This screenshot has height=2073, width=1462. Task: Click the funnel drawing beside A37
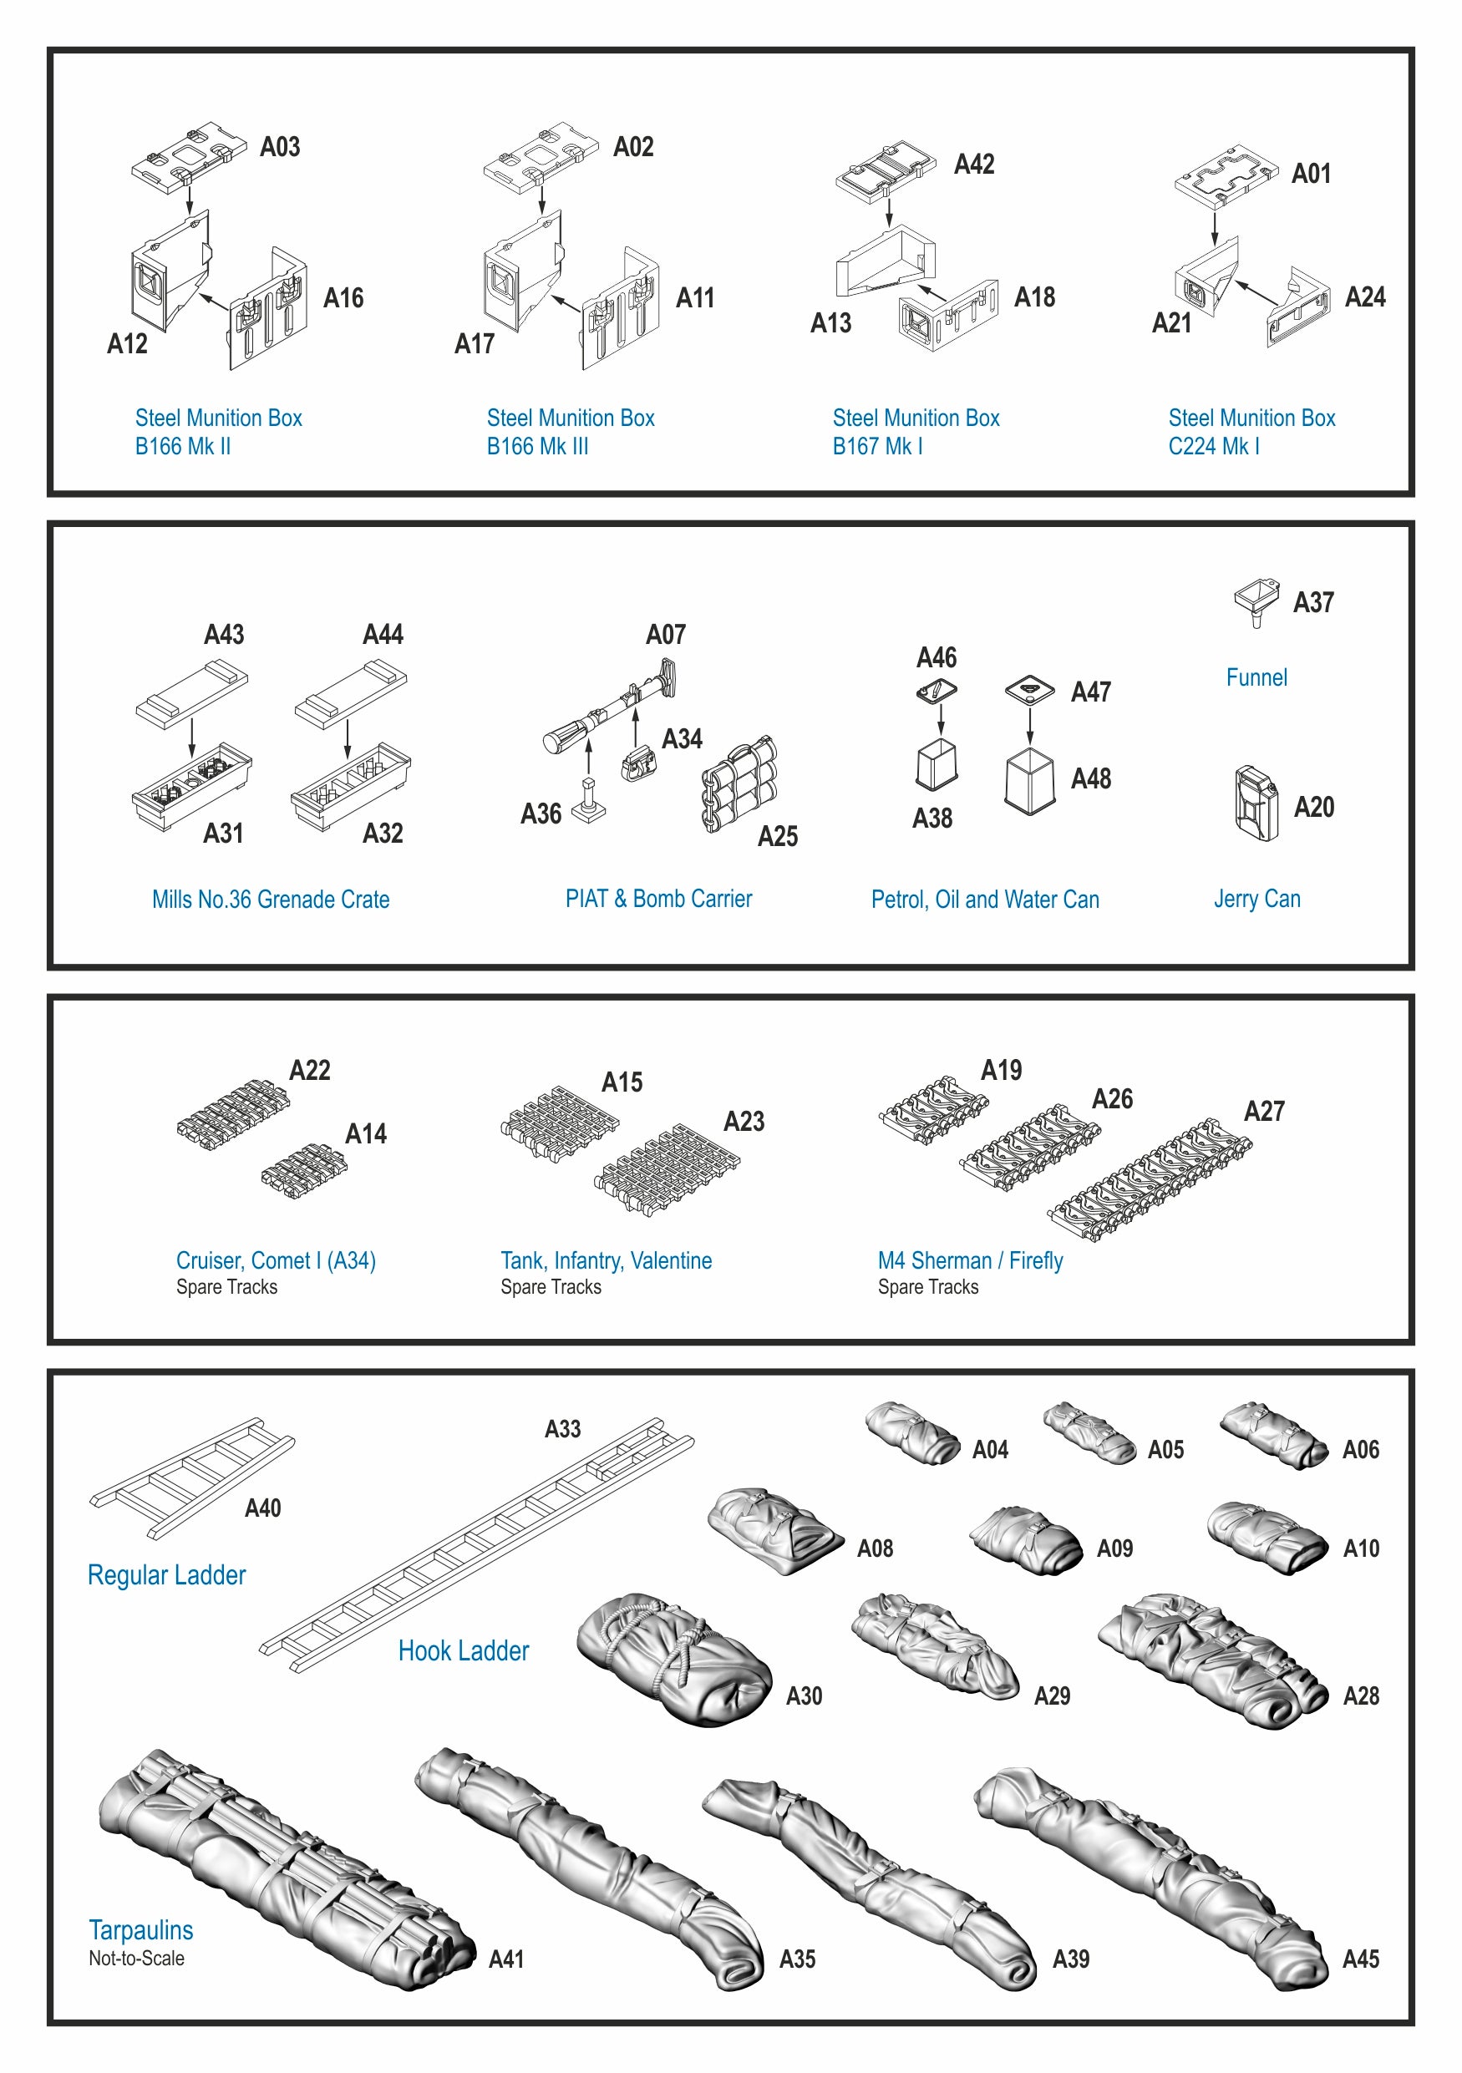[x=1256, y=601]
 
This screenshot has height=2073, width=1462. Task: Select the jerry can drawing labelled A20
[x=1256, y=803]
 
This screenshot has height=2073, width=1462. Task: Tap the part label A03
[x=280, y=147]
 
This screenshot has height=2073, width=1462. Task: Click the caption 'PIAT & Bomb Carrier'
[x=658, y=899]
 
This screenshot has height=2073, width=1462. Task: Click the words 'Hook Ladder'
[x=464, y=1650]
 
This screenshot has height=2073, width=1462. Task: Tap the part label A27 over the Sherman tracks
[x=1264, y=1111]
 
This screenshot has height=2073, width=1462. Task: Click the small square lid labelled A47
[x=1029, y=690]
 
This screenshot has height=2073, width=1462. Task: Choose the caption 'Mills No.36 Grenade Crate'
[x=271, y=900]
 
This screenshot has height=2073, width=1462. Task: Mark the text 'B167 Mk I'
[x=877, y=446]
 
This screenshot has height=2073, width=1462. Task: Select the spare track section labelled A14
[x=304, y=1170]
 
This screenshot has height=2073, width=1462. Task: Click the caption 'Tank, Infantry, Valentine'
[x=606, y=1260]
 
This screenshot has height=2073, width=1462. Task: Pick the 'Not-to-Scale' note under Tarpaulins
[x=136, y=1959]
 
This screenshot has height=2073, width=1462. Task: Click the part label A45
[x=1361, y=1959]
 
